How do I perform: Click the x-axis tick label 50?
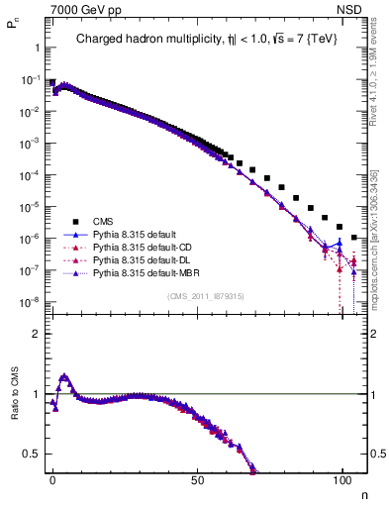click(x=197, y=478)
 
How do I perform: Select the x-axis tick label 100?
click(x=341, y=478)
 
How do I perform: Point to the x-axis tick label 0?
click(x=52, y=478)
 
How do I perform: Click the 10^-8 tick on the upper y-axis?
click(x=28, y=301)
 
